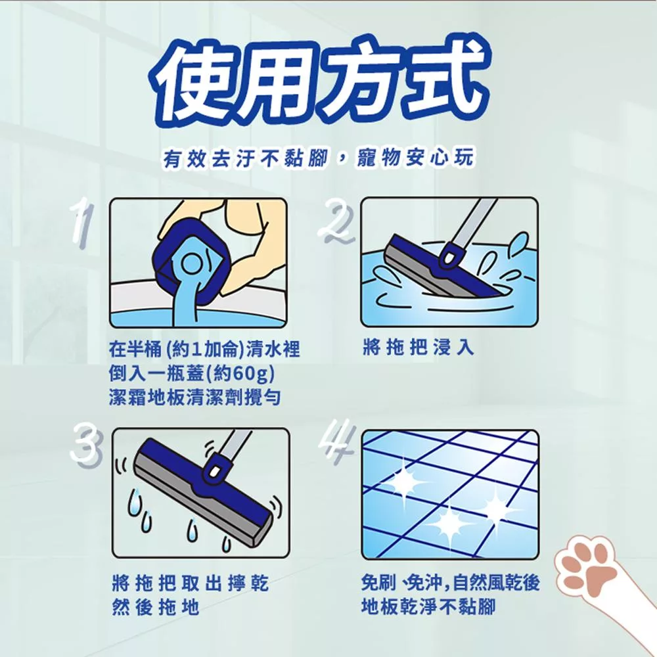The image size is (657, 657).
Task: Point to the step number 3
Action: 85,445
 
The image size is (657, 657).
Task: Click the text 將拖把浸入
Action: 418,347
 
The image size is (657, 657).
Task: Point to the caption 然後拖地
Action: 156,606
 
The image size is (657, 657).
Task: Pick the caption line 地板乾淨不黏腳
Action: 428,606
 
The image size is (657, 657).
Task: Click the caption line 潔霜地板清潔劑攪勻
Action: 194,397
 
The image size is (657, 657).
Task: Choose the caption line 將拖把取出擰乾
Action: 191,583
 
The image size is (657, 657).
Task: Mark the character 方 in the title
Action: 359,79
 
